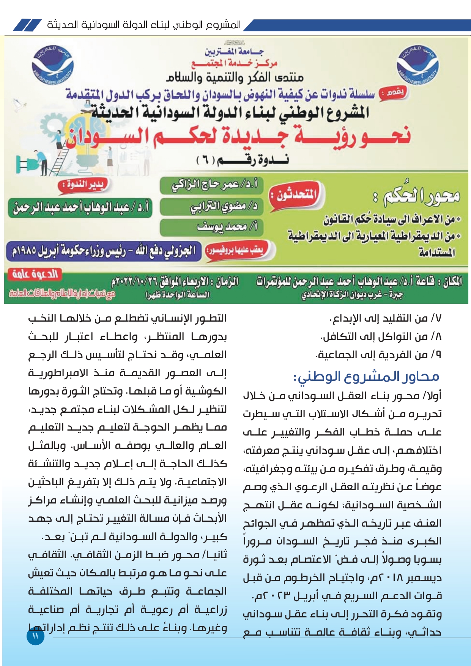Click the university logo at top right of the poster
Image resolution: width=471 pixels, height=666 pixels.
point(417,65)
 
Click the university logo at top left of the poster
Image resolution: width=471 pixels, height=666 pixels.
point(53,65)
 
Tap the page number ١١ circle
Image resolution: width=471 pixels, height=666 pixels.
point(35,636)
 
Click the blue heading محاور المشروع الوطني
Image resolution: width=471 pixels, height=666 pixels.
point(366,377)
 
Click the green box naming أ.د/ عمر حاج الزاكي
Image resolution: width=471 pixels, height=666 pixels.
point(211,185)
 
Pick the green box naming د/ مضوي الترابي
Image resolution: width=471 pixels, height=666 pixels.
point(211,206)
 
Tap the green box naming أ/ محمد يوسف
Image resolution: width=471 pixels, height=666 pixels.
point(211,227)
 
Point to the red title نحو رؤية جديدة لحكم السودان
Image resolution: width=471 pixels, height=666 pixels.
point(238,137)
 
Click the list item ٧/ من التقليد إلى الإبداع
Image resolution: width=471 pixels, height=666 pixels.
point(385,318)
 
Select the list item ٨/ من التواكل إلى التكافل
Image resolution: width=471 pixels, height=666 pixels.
point(381,336)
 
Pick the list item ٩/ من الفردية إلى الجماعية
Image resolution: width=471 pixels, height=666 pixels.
point(378,355)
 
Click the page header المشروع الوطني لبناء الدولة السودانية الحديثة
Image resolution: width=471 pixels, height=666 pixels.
point(144,25)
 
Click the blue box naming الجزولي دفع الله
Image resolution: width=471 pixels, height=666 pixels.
point(103,251)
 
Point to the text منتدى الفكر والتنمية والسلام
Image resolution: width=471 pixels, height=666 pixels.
point(235,77)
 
